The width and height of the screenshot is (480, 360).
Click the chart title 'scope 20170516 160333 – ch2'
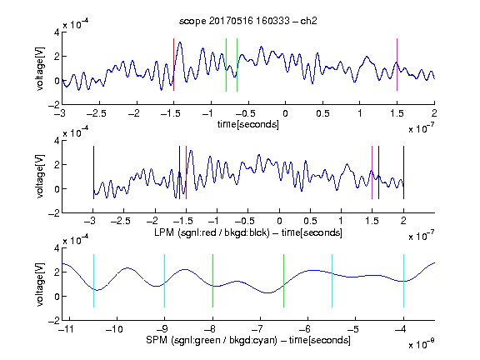coord(248,21)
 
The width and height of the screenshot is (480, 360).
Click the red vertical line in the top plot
coord(174,65)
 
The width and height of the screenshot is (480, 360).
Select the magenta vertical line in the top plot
coord(397,65)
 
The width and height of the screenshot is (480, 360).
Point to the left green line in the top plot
coord(226,65)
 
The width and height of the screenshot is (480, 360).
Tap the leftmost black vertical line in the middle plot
coord(93,172)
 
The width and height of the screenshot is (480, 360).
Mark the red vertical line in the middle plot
coord(186,172)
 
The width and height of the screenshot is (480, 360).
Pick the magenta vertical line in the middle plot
coord(372,172)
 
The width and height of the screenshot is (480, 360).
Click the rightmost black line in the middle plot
coord(404,172)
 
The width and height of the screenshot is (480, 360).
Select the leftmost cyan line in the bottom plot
coord(93,281)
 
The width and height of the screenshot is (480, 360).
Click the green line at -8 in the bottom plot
coord(212,281)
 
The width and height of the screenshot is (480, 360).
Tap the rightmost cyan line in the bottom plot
coord(404,281)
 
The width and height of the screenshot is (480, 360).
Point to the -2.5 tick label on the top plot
coord(97,113)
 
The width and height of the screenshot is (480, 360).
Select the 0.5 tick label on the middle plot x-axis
coord(310,221)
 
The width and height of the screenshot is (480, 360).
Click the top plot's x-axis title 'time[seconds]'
coord(248,124)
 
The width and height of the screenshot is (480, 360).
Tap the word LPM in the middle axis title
coord(164,232)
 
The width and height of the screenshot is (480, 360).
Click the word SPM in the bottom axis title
coord(157,340)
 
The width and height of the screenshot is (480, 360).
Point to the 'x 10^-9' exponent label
coord(422,344)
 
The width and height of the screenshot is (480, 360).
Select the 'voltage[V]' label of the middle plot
coord(40,177)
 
